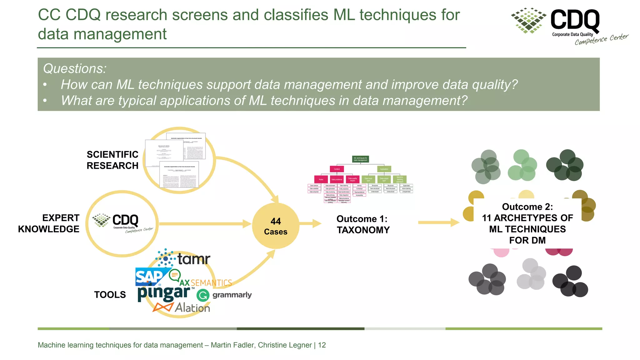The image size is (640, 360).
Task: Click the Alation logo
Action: [x=182, y=307]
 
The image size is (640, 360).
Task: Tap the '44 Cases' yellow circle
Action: [x=276, y=226]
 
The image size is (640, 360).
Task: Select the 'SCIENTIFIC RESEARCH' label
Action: [x=112, y=160]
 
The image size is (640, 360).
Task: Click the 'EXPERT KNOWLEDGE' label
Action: [x=49, y=223]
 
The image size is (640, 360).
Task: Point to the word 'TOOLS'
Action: [x=110, y=295]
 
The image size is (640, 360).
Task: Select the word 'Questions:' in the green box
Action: [x=75, y=68]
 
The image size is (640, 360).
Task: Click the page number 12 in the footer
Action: [x=322, y=345]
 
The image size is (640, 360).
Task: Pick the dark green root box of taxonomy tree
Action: [x=360, y=159]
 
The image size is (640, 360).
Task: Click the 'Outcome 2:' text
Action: [x=527, y=207]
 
